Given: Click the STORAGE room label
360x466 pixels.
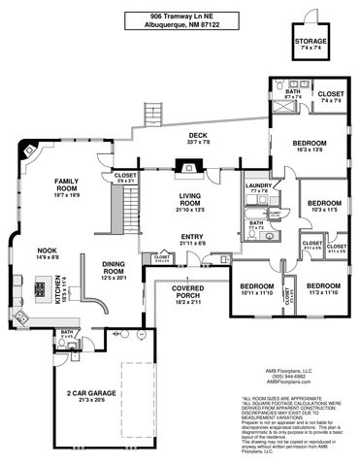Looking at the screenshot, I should (311, 43).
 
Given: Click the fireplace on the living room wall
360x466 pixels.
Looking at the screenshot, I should (181, 166).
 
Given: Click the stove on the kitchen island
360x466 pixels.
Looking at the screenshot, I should (41, 288).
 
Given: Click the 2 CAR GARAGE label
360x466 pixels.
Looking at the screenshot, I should (92, 396).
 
